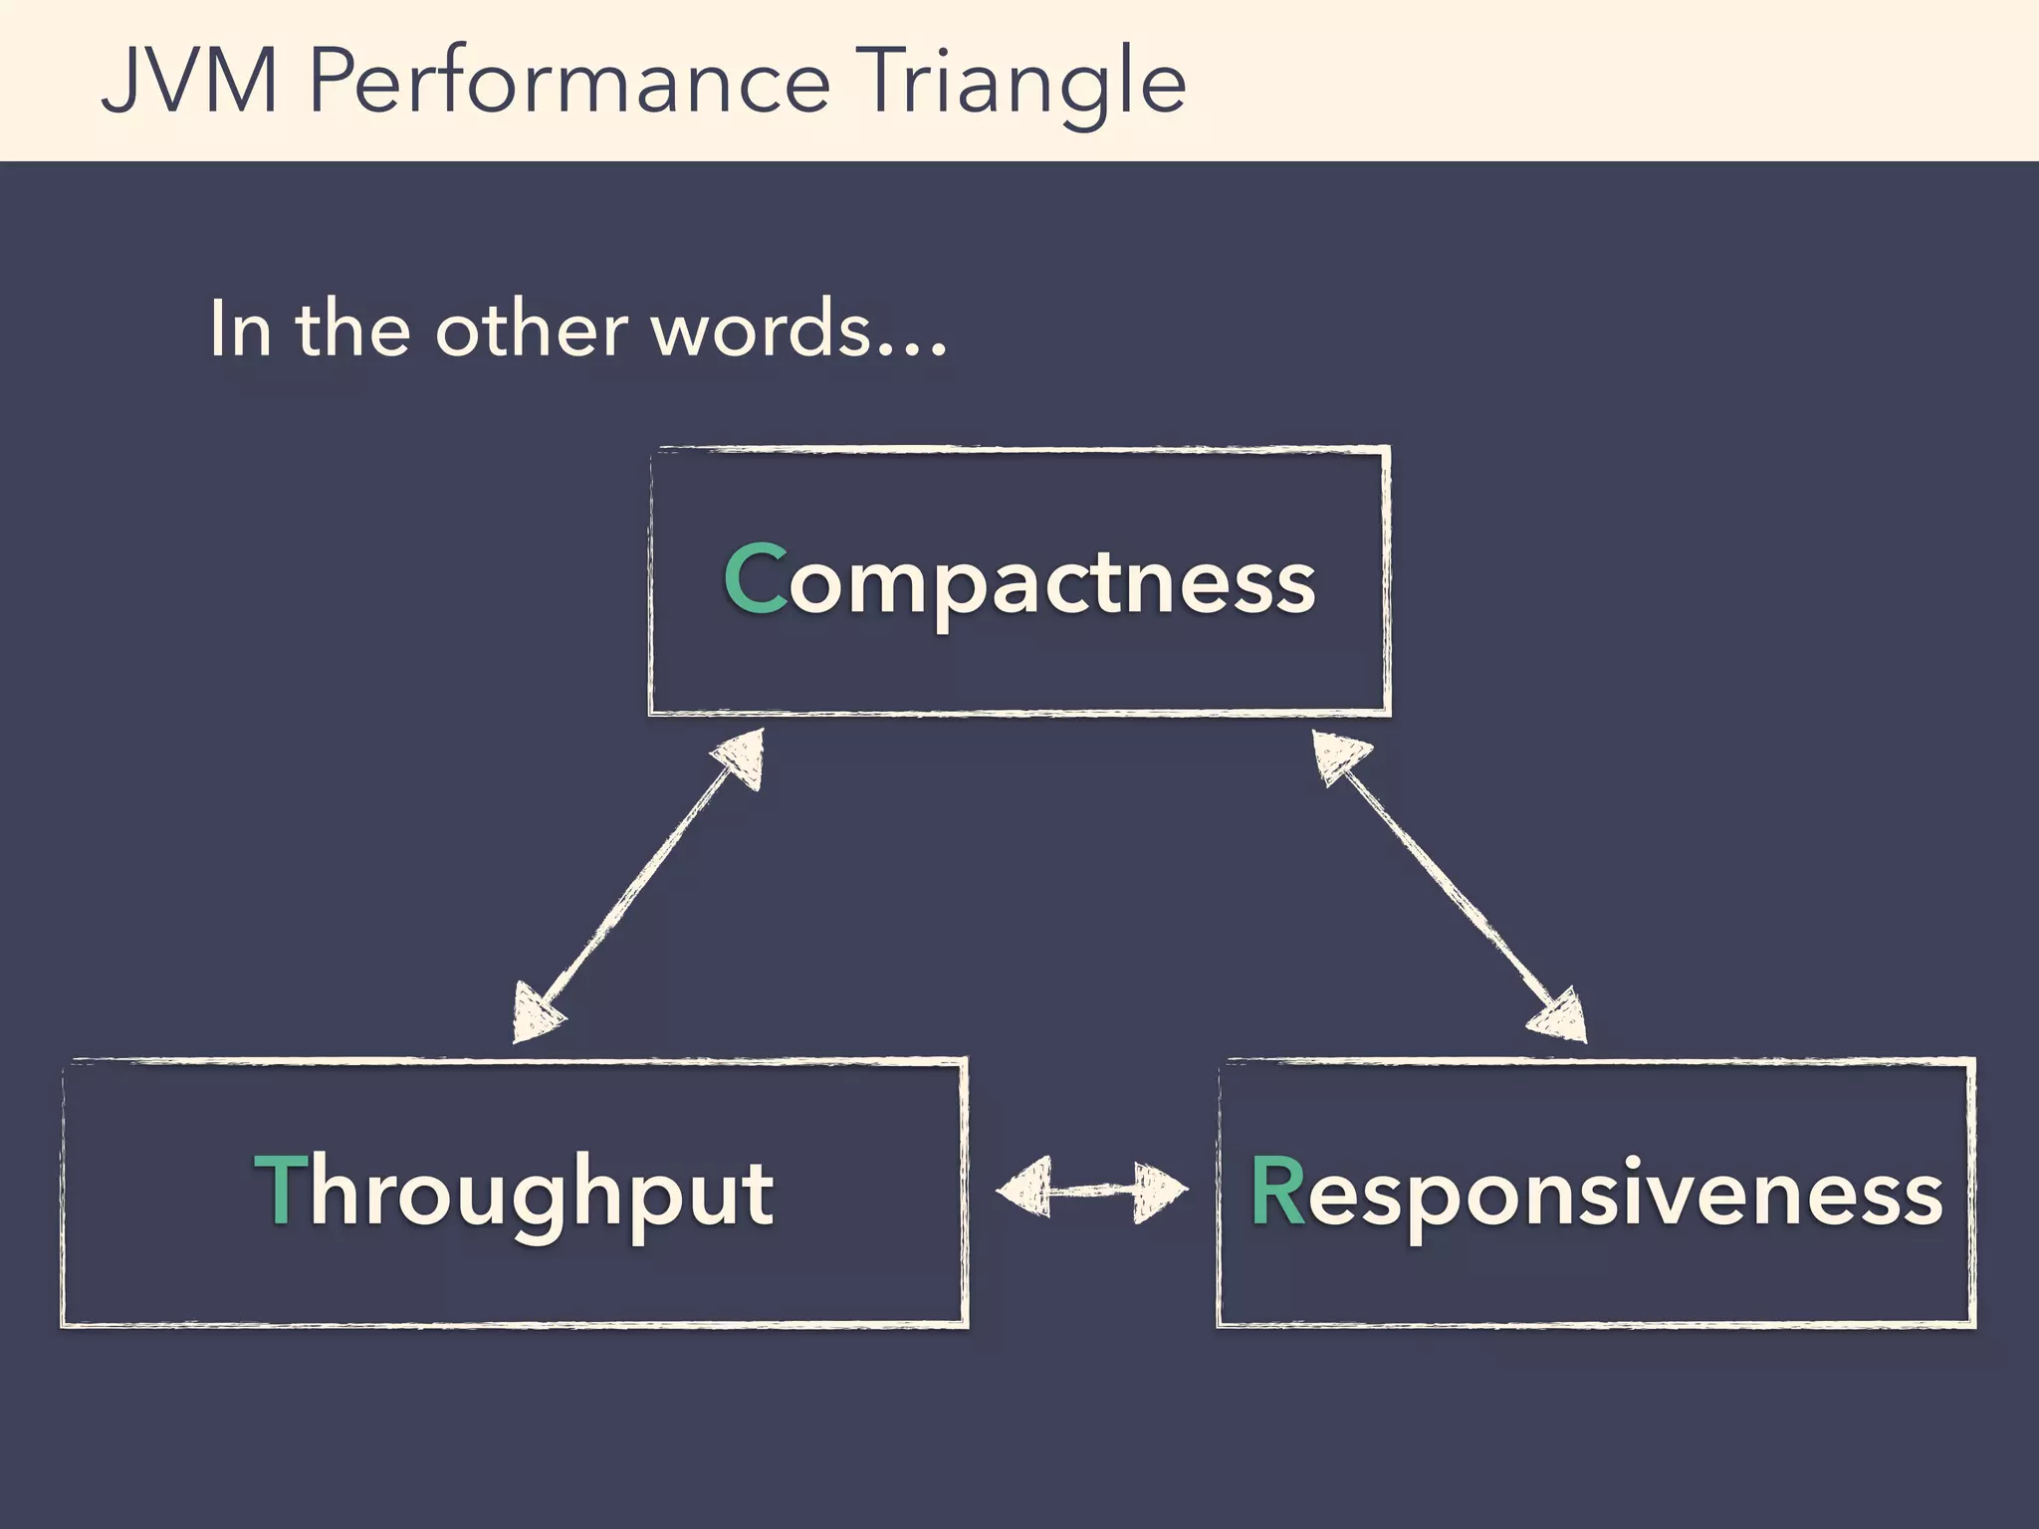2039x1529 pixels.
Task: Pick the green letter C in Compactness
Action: (755, 579)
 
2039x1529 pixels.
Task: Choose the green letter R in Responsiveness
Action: (1276, 1192)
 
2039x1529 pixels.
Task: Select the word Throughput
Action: (515, 1193)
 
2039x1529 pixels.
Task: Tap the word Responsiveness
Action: (1596, 1193)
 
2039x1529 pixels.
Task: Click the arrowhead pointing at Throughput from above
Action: (536, 1015)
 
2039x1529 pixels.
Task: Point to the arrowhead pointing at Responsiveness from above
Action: (1559, 1017)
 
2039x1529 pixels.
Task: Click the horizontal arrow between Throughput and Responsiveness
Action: (1092, 1189)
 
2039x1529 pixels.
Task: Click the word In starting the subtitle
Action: (239, 329)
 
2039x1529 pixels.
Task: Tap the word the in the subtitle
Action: (352, 329)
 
